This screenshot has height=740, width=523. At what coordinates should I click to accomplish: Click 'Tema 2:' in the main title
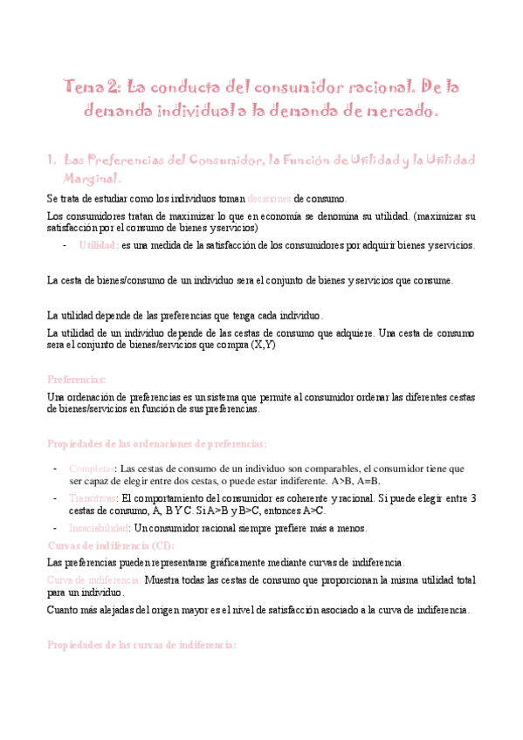click(93, 87)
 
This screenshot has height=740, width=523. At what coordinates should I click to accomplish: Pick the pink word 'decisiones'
click(269, 198)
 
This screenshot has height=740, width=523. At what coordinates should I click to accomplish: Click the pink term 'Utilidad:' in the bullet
click(99, 245)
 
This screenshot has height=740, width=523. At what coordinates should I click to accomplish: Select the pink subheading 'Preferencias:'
click(77, 380)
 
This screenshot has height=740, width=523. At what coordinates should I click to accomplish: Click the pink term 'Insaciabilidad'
click(100, 528)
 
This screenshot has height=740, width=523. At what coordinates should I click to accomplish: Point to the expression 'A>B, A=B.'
click(356, 481)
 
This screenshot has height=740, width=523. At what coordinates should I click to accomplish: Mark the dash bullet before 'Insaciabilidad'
click(56, 528)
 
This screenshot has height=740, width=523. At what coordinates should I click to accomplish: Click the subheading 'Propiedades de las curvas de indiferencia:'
click(141, 644)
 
